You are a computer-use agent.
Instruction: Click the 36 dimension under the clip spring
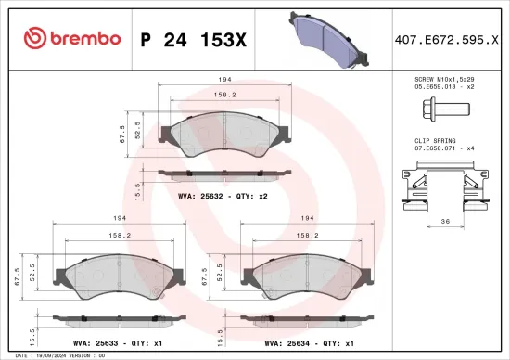click(x=445, y=222)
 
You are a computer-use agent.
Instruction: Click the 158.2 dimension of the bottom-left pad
click(x=118, y=236)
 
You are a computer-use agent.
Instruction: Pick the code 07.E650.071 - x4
click(x=444, y=148)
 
